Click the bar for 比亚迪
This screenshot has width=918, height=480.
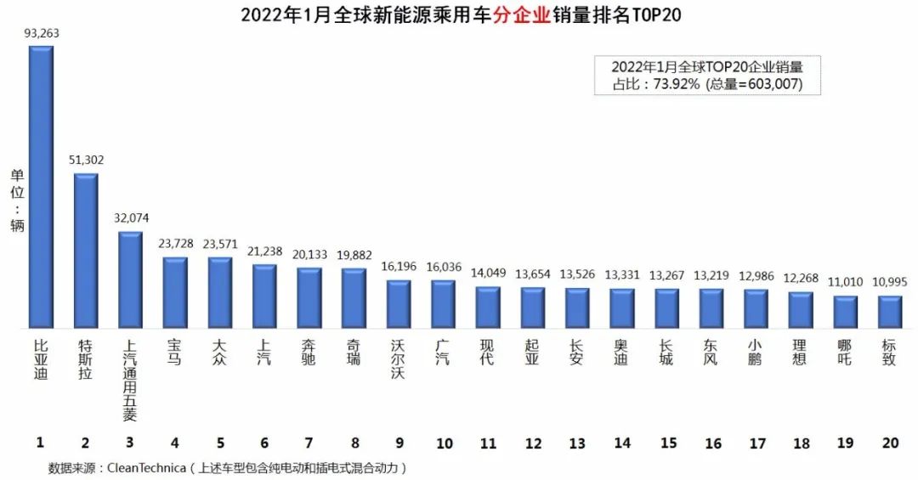tap(41, 187)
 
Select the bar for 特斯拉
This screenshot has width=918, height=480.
tap(86, 251)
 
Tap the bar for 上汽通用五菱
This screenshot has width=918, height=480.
tap(130, 280)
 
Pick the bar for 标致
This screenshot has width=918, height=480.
tap(889, 312)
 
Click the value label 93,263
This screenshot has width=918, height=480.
tap(42, 33)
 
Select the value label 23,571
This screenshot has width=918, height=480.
tap(219, 244)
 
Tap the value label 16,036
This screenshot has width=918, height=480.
tap(443, 267)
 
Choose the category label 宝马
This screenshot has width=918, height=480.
tap(175, 353)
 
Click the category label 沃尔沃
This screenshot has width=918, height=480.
tap(398, 359)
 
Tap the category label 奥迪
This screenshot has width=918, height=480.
tap(621, 353)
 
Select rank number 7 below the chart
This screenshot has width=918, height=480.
tap(309, 443)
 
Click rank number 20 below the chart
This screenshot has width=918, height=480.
tap(890, 443)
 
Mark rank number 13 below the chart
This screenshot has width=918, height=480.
tap(577, 443)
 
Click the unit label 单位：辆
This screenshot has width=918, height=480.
tap(17, 200)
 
